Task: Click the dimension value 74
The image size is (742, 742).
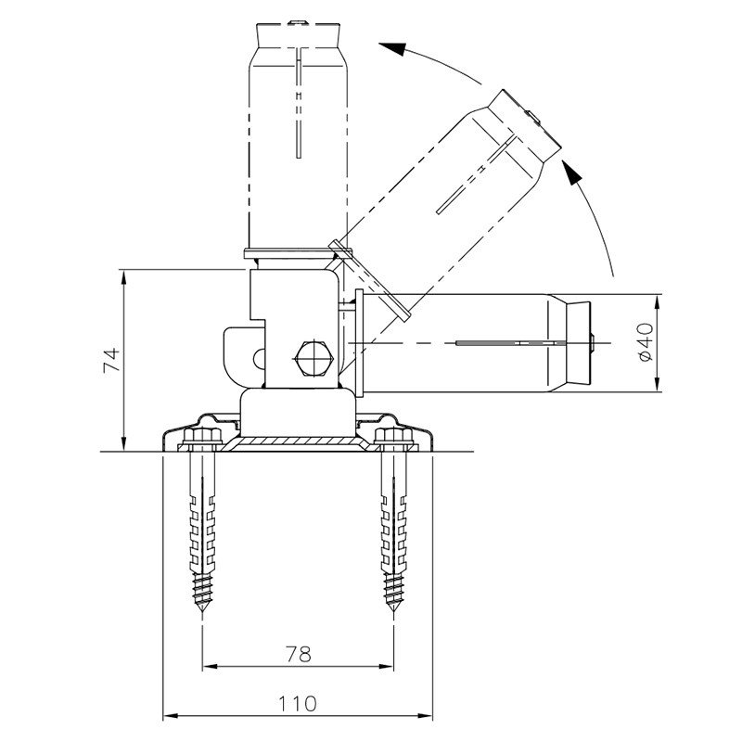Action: (x=112, y=360)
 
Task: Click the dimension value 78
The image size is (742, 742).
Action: (x=299, y=654)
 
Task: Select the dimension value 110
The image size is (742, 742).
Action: (x=297, y=704)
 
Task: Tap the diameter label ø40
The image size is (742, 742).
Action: (x=646, y=341)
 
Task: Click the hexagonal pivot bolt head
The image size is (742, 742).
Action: (x=314, y=358)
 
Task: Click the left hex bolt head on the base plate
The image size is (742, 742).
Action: (x=202, y=436)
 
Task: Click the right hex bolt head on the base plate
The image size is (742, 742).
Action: (x=393, y=436)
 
